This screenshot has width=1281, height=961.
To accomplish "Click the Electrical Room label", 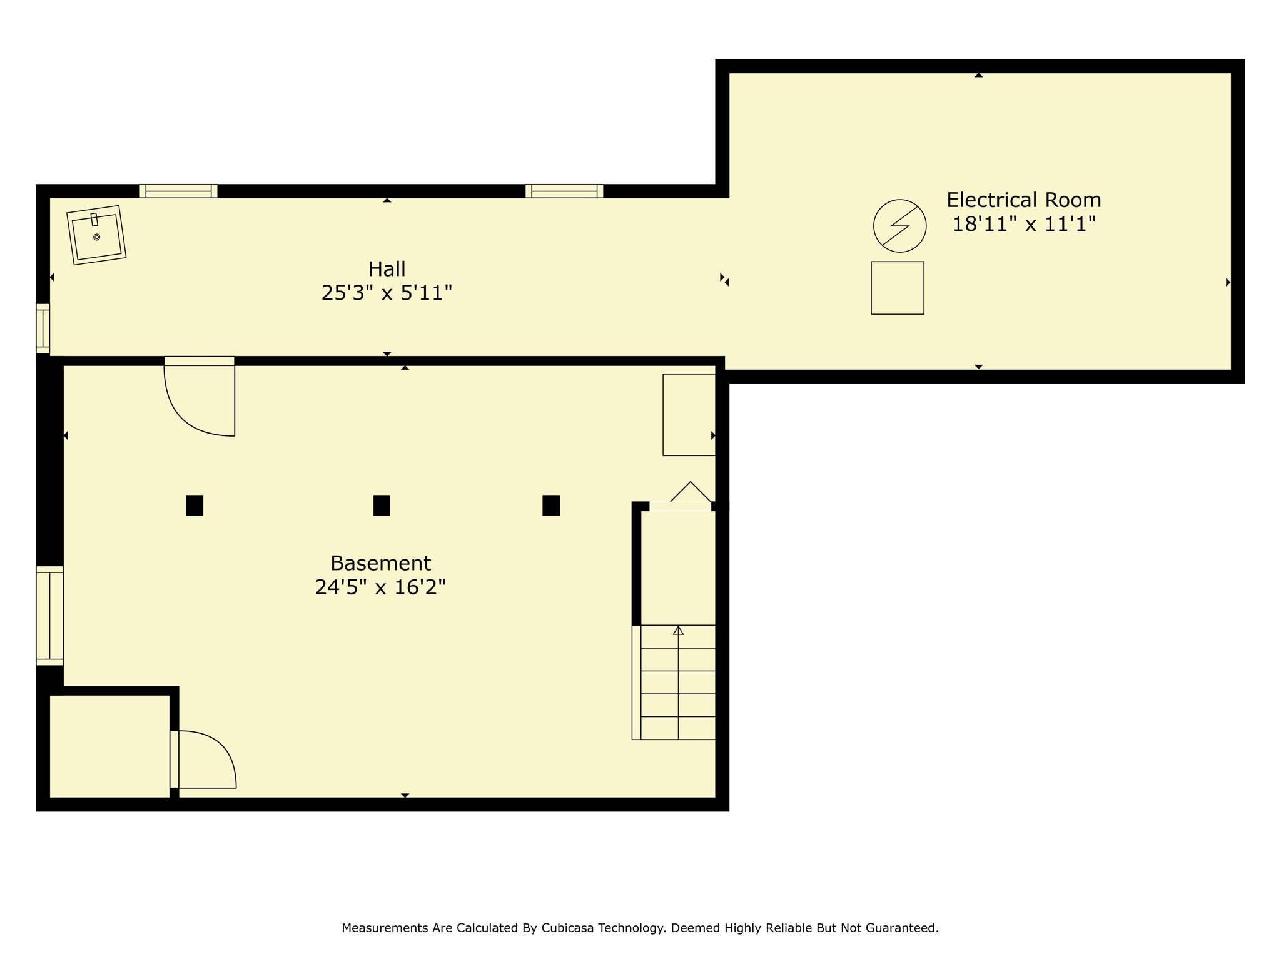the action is click(1023, 200).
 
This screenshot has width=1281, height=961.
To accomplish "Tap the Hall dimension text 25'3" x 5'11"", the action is click(387, 293).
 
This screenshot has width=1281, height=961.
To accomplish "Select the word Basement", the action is click(380, 563).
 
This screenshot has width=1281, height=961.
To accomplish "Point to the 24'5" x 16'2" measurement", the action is click(380, 587).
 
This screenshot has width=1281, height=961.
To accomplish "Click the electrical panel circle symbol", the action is click(899, 226).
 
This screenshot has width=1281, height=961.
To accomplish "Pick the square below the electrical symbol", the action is click(898, 288).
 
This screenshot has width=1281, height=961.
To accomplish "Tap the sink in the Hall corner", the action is click(96, 235).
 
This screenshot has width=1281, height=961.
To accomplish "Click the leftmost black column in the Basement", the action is click(195, 505).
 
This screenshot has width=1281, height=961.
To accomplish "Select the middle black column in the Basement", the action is click(382, 505).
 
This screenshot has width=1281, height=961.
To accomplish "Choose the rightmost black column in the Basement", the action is click(551, 505).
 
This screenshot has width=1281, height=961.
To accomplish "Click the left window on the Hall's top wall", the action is click(178, 191).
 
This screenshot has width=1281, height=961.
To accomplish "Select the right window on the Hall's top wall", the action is click(564, 191).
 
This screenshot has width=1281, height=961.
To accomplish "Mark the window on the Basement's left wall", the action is click(49, 616).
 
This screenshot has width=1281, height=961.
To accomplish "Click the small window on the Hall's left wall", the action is click(43, 328).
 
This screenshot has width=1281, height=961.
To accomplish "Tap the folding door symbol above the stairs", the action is click(691, 491).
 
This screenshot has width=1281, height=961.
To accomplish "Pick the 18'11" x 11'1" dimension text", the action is click(1024, 224).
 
